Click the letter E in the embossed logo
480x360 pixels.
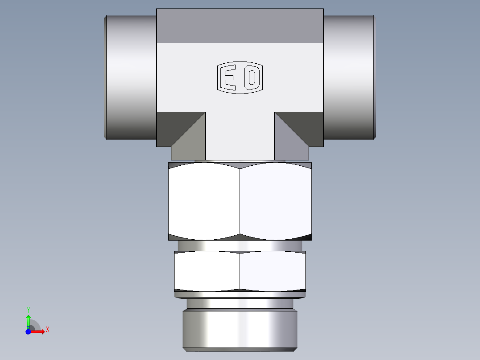click(229, 78)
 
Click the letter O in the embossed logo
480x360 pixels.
click(252, 78)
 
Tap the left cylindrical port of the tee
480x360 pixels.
click(130, 77)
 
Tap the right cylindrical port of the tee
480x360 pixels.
click(349, 77)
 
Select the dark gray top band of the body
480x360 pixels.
click(240, 26)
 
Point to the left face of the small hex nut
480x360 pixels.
click(207, 271)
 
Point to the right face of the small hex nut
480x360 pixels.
click(273, 271)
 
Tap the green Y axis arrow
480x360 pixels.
click(28, 320)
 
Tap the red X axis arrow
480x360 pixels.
click(38, 331)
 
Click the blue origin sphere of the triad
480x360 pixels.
click(28, 331)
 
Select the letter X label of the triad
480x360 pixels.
click(48, 330)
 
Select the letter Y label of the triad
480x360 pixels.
click(28, 309)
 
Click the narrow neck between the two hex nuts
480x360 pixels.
click(240, 245)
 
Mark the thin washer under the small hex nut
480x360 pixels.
click(240, 294)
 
